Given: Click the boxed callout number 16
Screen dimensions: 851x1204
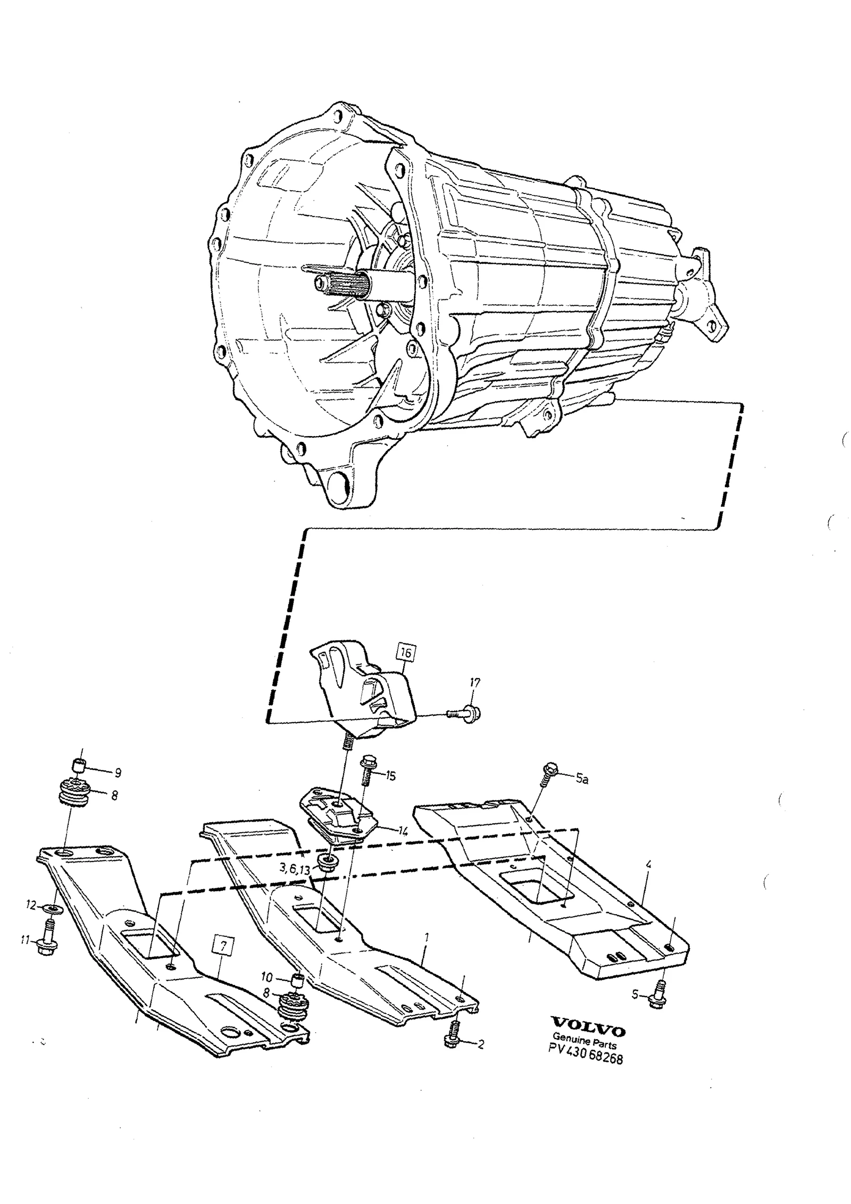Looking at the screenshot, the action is pos(405,653).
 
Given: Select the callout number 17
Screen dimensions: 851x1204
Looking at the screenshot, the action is pos(475,682).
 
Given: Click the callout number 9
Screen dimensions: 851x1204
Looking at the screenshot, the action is pos(118,772).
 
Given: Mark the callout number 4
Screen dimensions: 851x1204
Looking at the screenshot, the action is pos(648,865).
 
